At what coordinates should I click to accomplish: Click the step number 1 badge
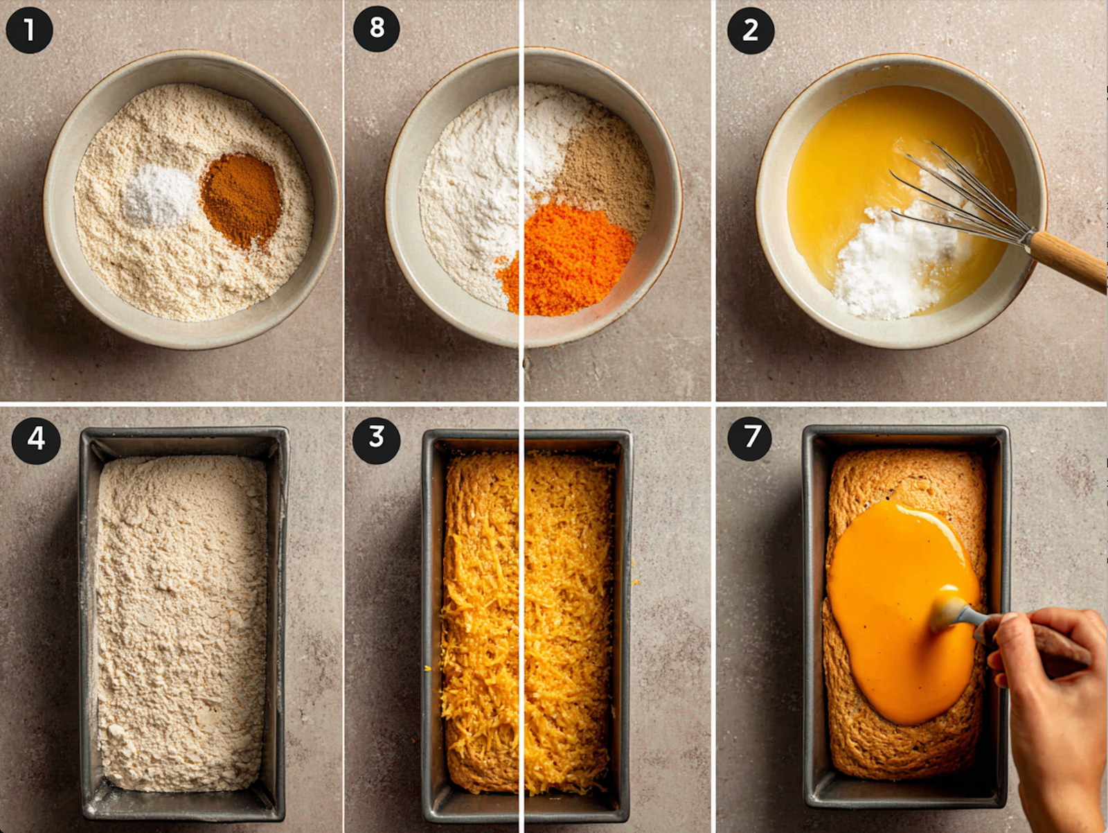click(29, 30)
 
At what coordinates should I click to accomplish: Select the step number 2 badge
click(751, 30)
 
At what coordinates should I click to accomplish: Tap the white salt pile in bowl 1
click(159, 195)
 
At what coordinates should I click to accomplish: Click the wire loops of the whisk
click(959, 195)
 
